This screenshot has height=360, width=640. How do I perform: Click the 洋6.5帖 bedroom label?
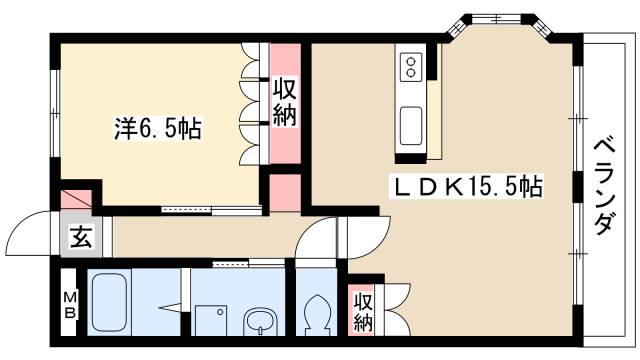pos(158,129)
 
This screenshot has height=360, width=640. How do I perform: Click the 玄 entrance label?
pos(79,238)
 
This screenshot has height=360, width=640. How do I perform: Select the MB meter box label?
pos(70,304)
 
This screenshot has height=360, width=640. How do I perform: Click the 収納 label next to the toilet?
pos(362,312)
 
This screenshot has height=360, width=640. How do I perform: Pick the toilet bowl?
pos(319,313)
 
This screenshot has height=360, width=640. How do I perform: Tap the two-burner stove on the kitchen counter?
pos(412,68)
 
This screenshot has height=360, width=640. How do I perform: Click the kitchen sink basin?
pos(412,126)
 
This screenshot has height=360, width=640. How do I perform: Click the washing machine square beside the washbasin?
pos(211,321)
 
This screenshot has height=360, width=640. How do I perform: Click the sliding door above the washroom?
pos(235,263)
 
